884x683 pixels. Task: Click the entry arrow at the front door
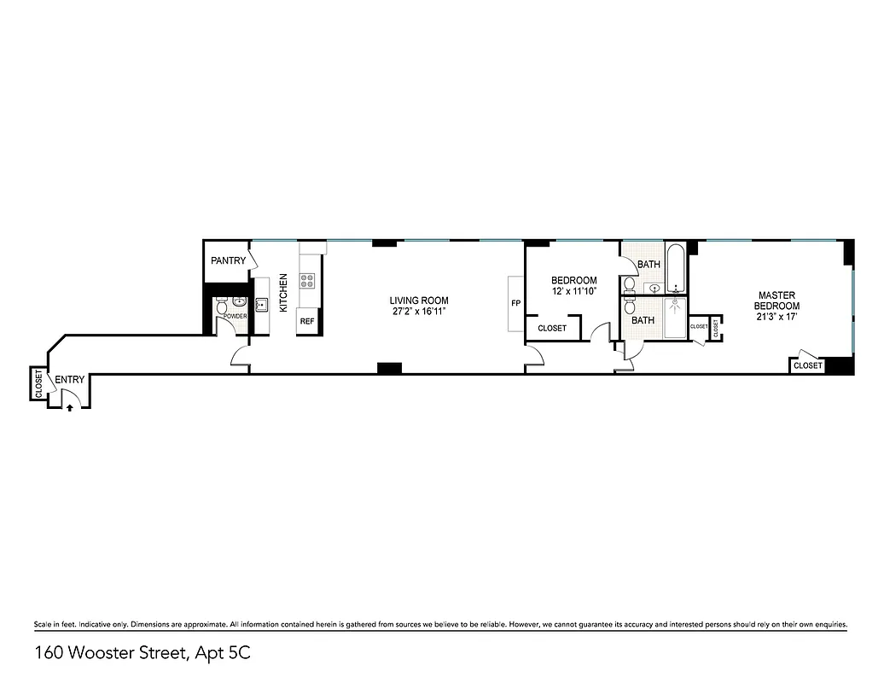tap(69, 407)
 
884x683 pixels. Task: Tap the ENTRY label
tap(70, 380)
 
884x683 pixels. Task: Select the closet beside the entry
tap(38, 383)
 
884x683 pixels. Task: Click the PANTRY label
tap(228, 261)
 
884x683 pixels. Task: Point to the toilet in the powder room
tap(222, 305)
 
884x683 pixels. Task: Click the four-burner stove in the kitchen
tap(307, 279)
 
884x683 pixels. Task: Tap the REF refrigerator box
tap(307, 323)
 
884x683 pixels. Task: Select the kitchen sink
tap(261, 306)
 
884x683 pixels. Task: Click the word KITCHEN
tap(283, 293)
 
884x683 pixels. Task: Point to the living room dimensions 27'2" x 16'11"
tap(418, 312)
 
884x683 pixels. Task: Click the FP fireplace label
tap(515, 303)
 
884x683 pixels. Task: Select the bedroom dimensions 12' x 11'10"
tap(573, 291)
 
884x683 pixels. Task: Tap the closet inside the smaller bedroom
tap(552, 328)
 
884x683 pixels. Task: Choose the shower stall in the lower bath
tap(675, 318)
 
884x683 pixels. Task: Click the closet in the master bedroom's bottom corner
tap(807, 365)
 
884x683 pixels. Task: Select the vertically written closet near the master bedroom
tap(716, 326)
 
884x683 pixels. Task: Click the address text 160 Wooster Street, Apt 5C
tap(142, 654)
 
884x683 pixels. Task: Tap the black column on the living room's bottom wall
tap(389, 368)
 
